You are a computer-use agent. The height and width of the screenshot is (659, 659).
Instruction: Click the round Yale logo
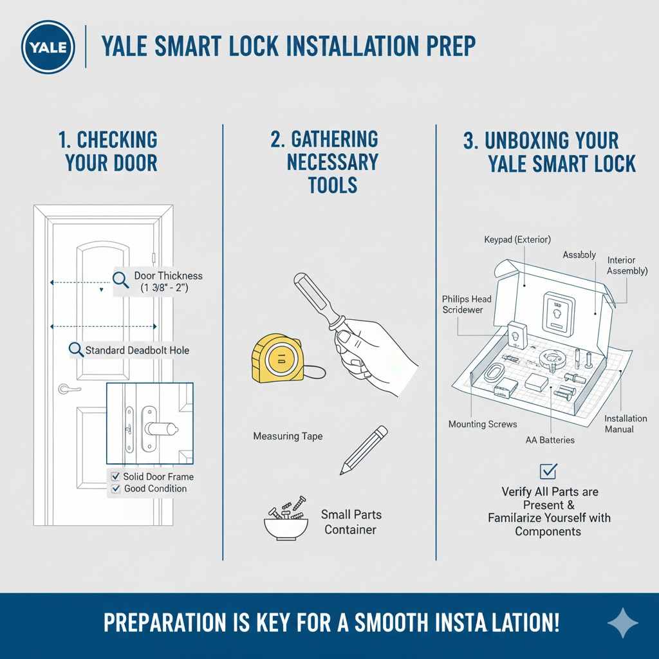(48, 47)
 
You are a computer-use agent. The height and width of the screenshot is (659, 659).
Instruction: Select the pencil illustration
(364, 450)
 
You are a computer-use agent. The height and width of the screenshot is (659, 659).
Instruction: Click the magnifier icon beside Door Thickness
(120, 279)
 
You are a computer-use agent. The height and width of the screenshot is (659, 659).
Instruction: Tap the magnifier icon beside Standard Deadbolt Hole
(76, 350)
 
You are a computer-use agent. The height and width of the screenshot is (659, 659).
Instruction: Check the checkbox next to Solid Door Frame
(116, 477)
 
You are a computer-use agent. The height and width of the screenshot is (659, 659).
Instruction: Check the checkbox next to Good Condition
(116, 489)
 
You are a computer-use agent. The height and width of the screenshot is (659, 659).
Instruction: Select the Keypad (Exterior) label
(517, 239)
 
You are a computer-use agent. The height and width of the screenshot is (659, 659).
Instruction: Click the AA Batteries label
(550, 440)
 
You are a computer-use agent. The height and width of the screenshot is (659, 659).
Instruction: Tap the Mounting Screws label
(483, 424)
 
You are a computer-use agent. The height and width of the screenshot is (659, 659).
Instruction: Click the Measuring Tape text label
(288, 436)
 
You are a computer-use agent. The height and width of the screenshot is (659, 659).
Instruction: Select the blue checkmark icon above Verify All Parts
(548, 471)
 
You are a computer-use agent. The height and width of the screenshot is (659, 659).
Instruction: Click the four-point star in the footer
(623, 624)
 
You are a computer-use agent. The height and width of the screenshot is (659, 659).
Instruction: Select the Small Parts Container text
(351, 522)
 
